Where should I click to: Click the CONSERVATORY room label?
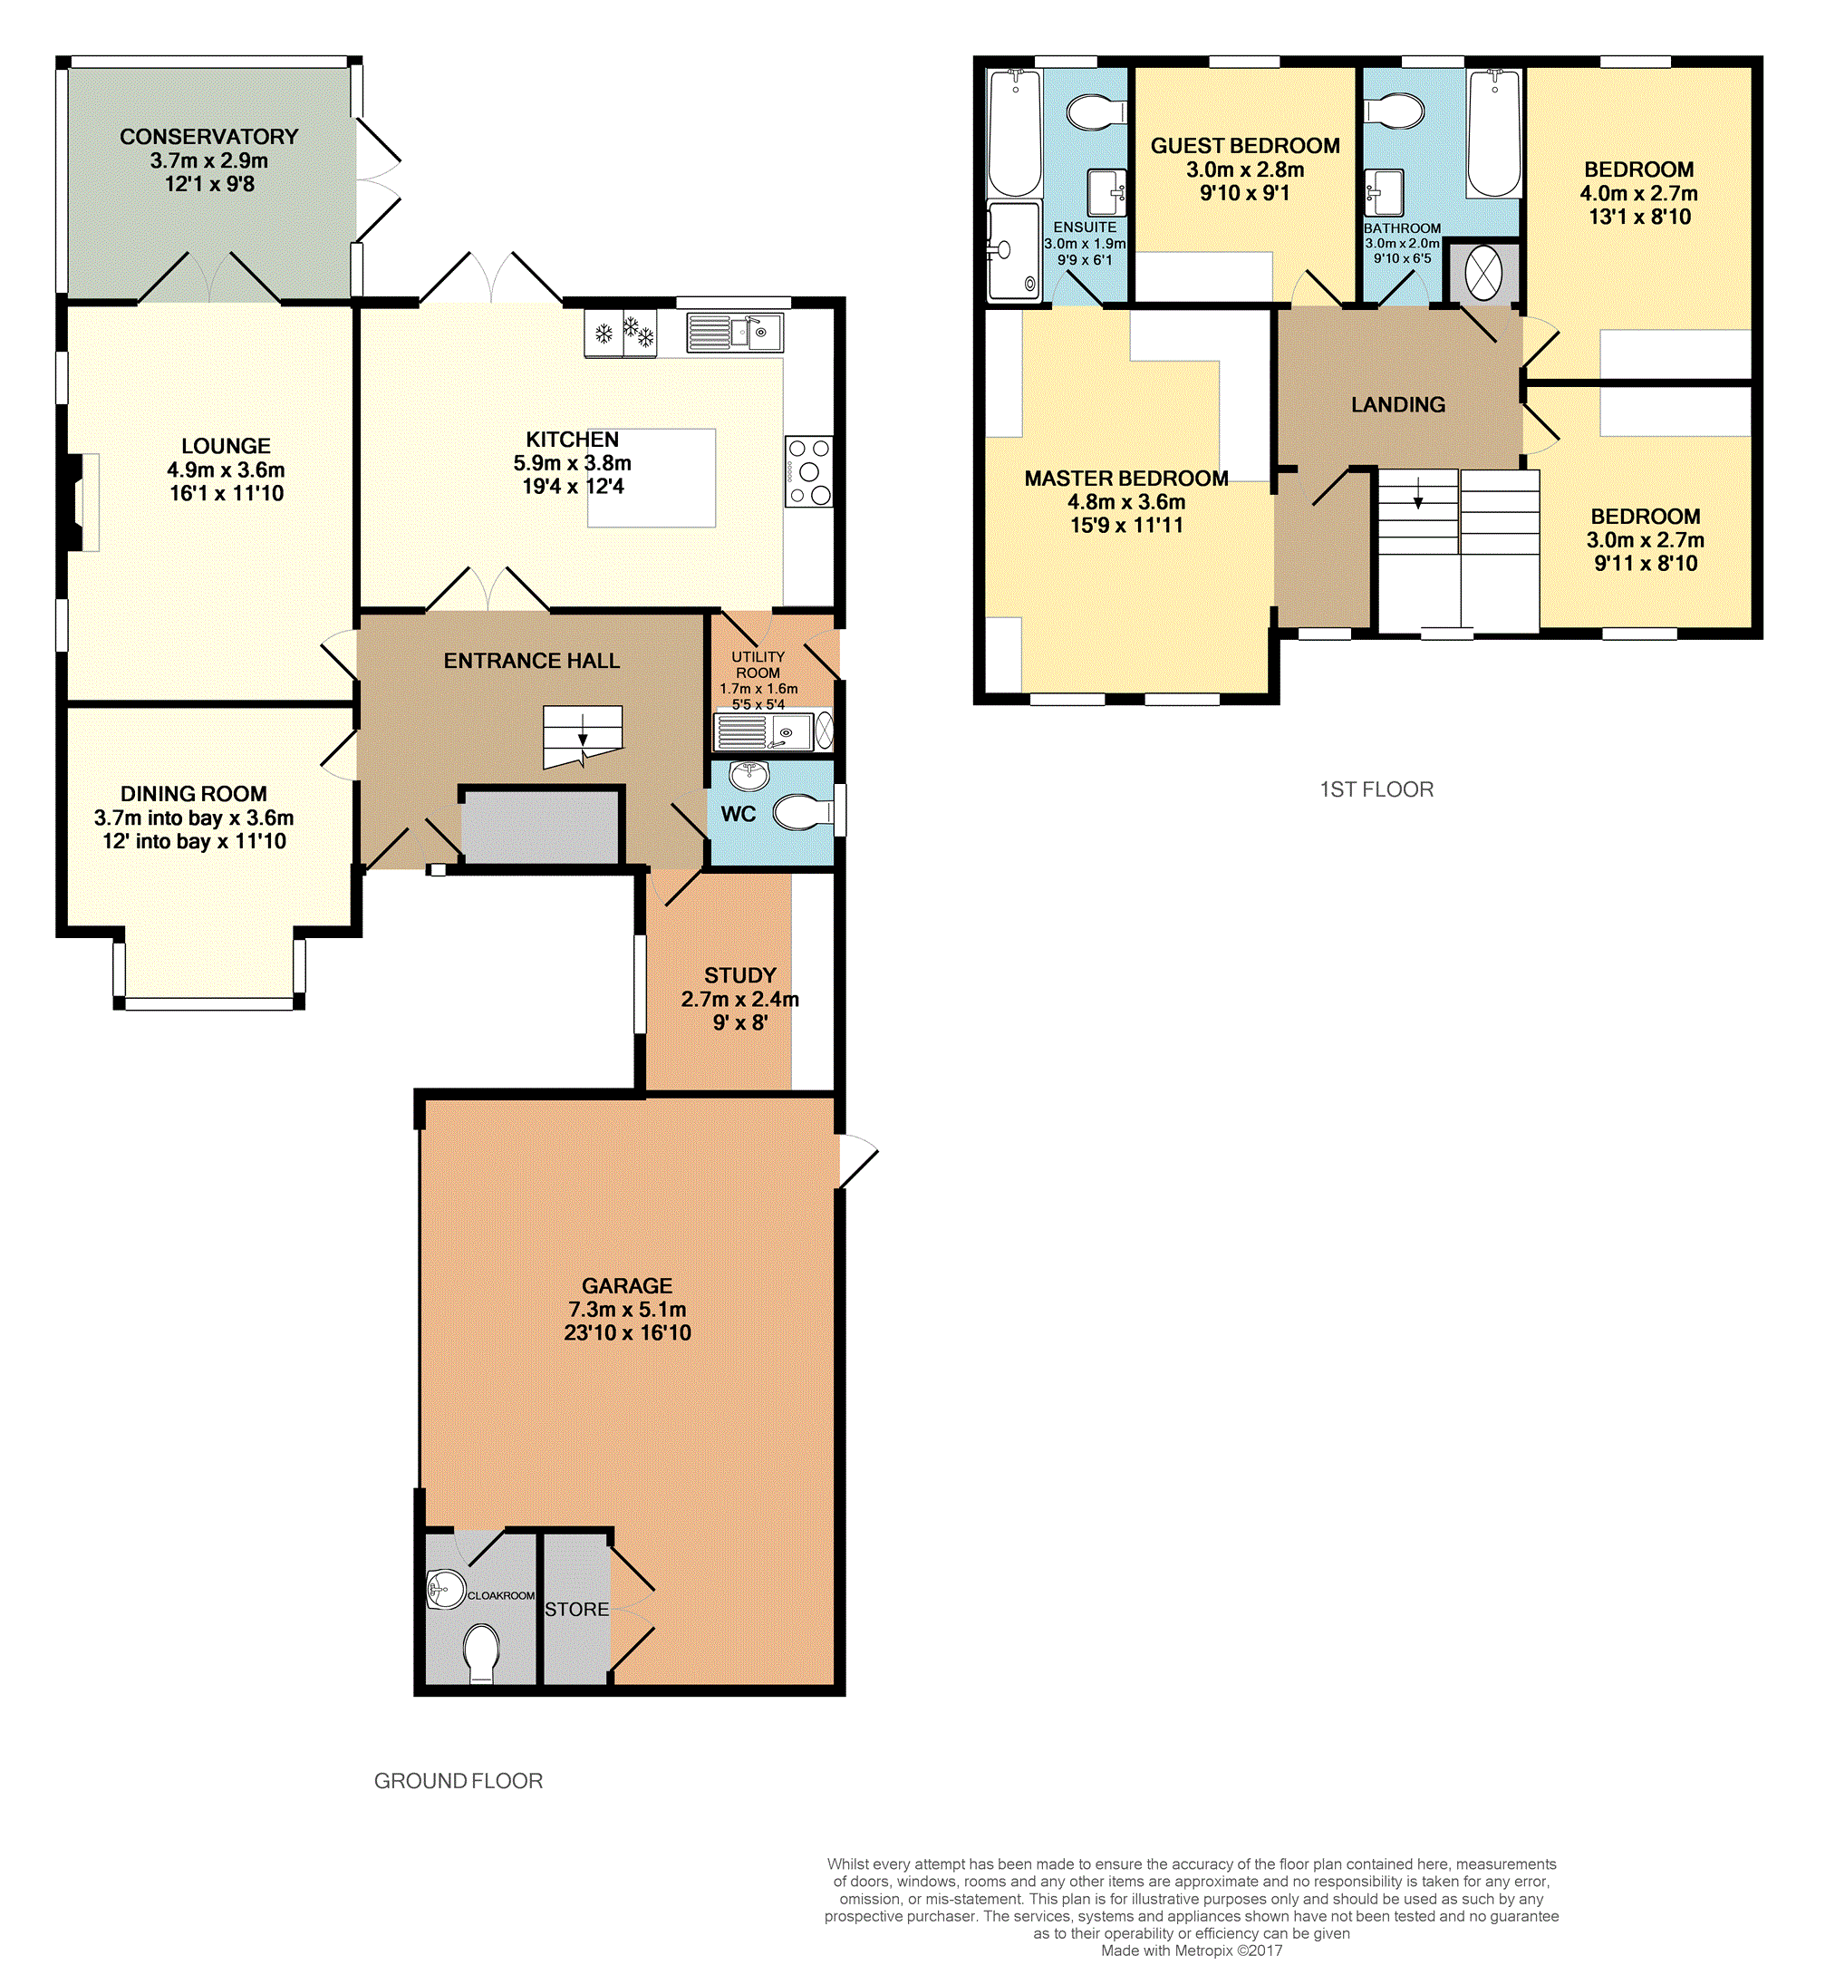(208, 136)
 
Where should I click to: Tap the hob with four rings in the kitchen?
(808, 471)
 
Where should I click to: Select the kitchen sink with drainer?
(734, 332)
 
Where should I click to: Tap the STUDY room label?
(740, 974)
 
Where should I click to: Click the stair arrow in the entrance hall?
(583, 736)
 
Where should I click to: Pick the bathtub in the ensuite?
(1015, 132)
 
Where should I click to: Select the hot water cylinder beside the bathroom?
(1483, 273)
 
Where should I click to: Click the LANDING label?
(1397, 404)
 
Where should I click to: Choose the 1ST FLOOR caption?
(1376, 789)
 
